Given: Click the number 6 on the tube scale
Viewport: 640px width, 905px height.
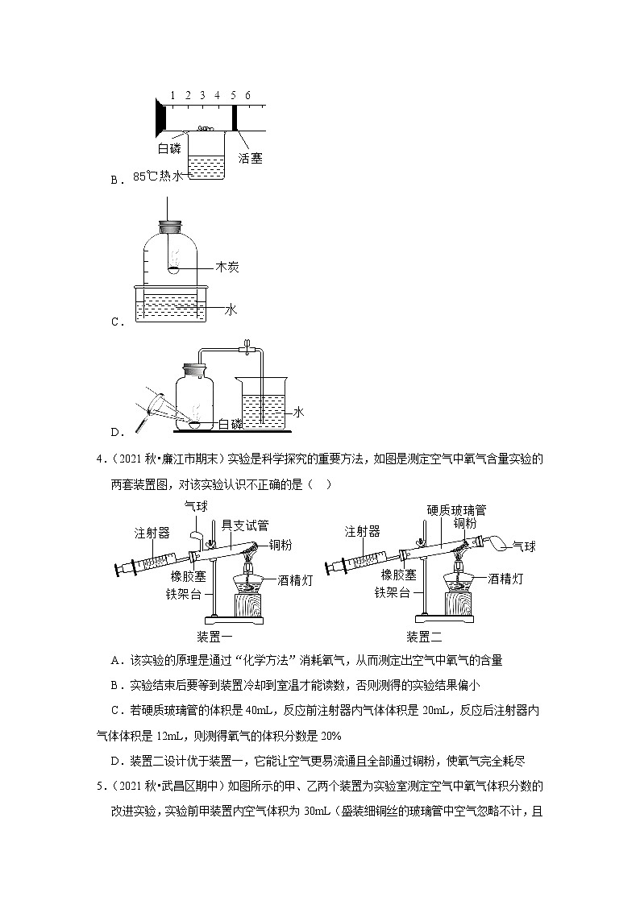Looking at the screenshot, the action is tap(247, 95).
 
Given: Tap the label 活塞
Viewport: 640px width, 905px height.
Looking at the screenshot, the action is tap(251, 158).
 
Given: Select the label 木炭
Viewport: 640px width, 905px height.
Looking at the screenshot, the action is tap(227, 267).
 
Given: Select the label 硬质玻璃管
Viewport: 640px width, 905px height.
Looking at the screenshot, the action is tap(457, 509).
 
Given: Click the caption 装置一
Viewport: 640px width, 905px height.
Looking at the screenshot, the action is tap(215, 636).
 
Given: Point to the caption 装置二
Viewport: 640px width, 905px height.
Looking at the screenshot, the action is tap(425, 636).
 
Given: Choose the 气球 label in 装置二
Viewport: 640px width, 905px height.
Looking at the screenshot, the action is tap(525, 546).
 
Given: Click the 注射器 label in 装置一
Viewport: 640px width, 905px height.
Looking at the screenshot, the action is tap(152, 533).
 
